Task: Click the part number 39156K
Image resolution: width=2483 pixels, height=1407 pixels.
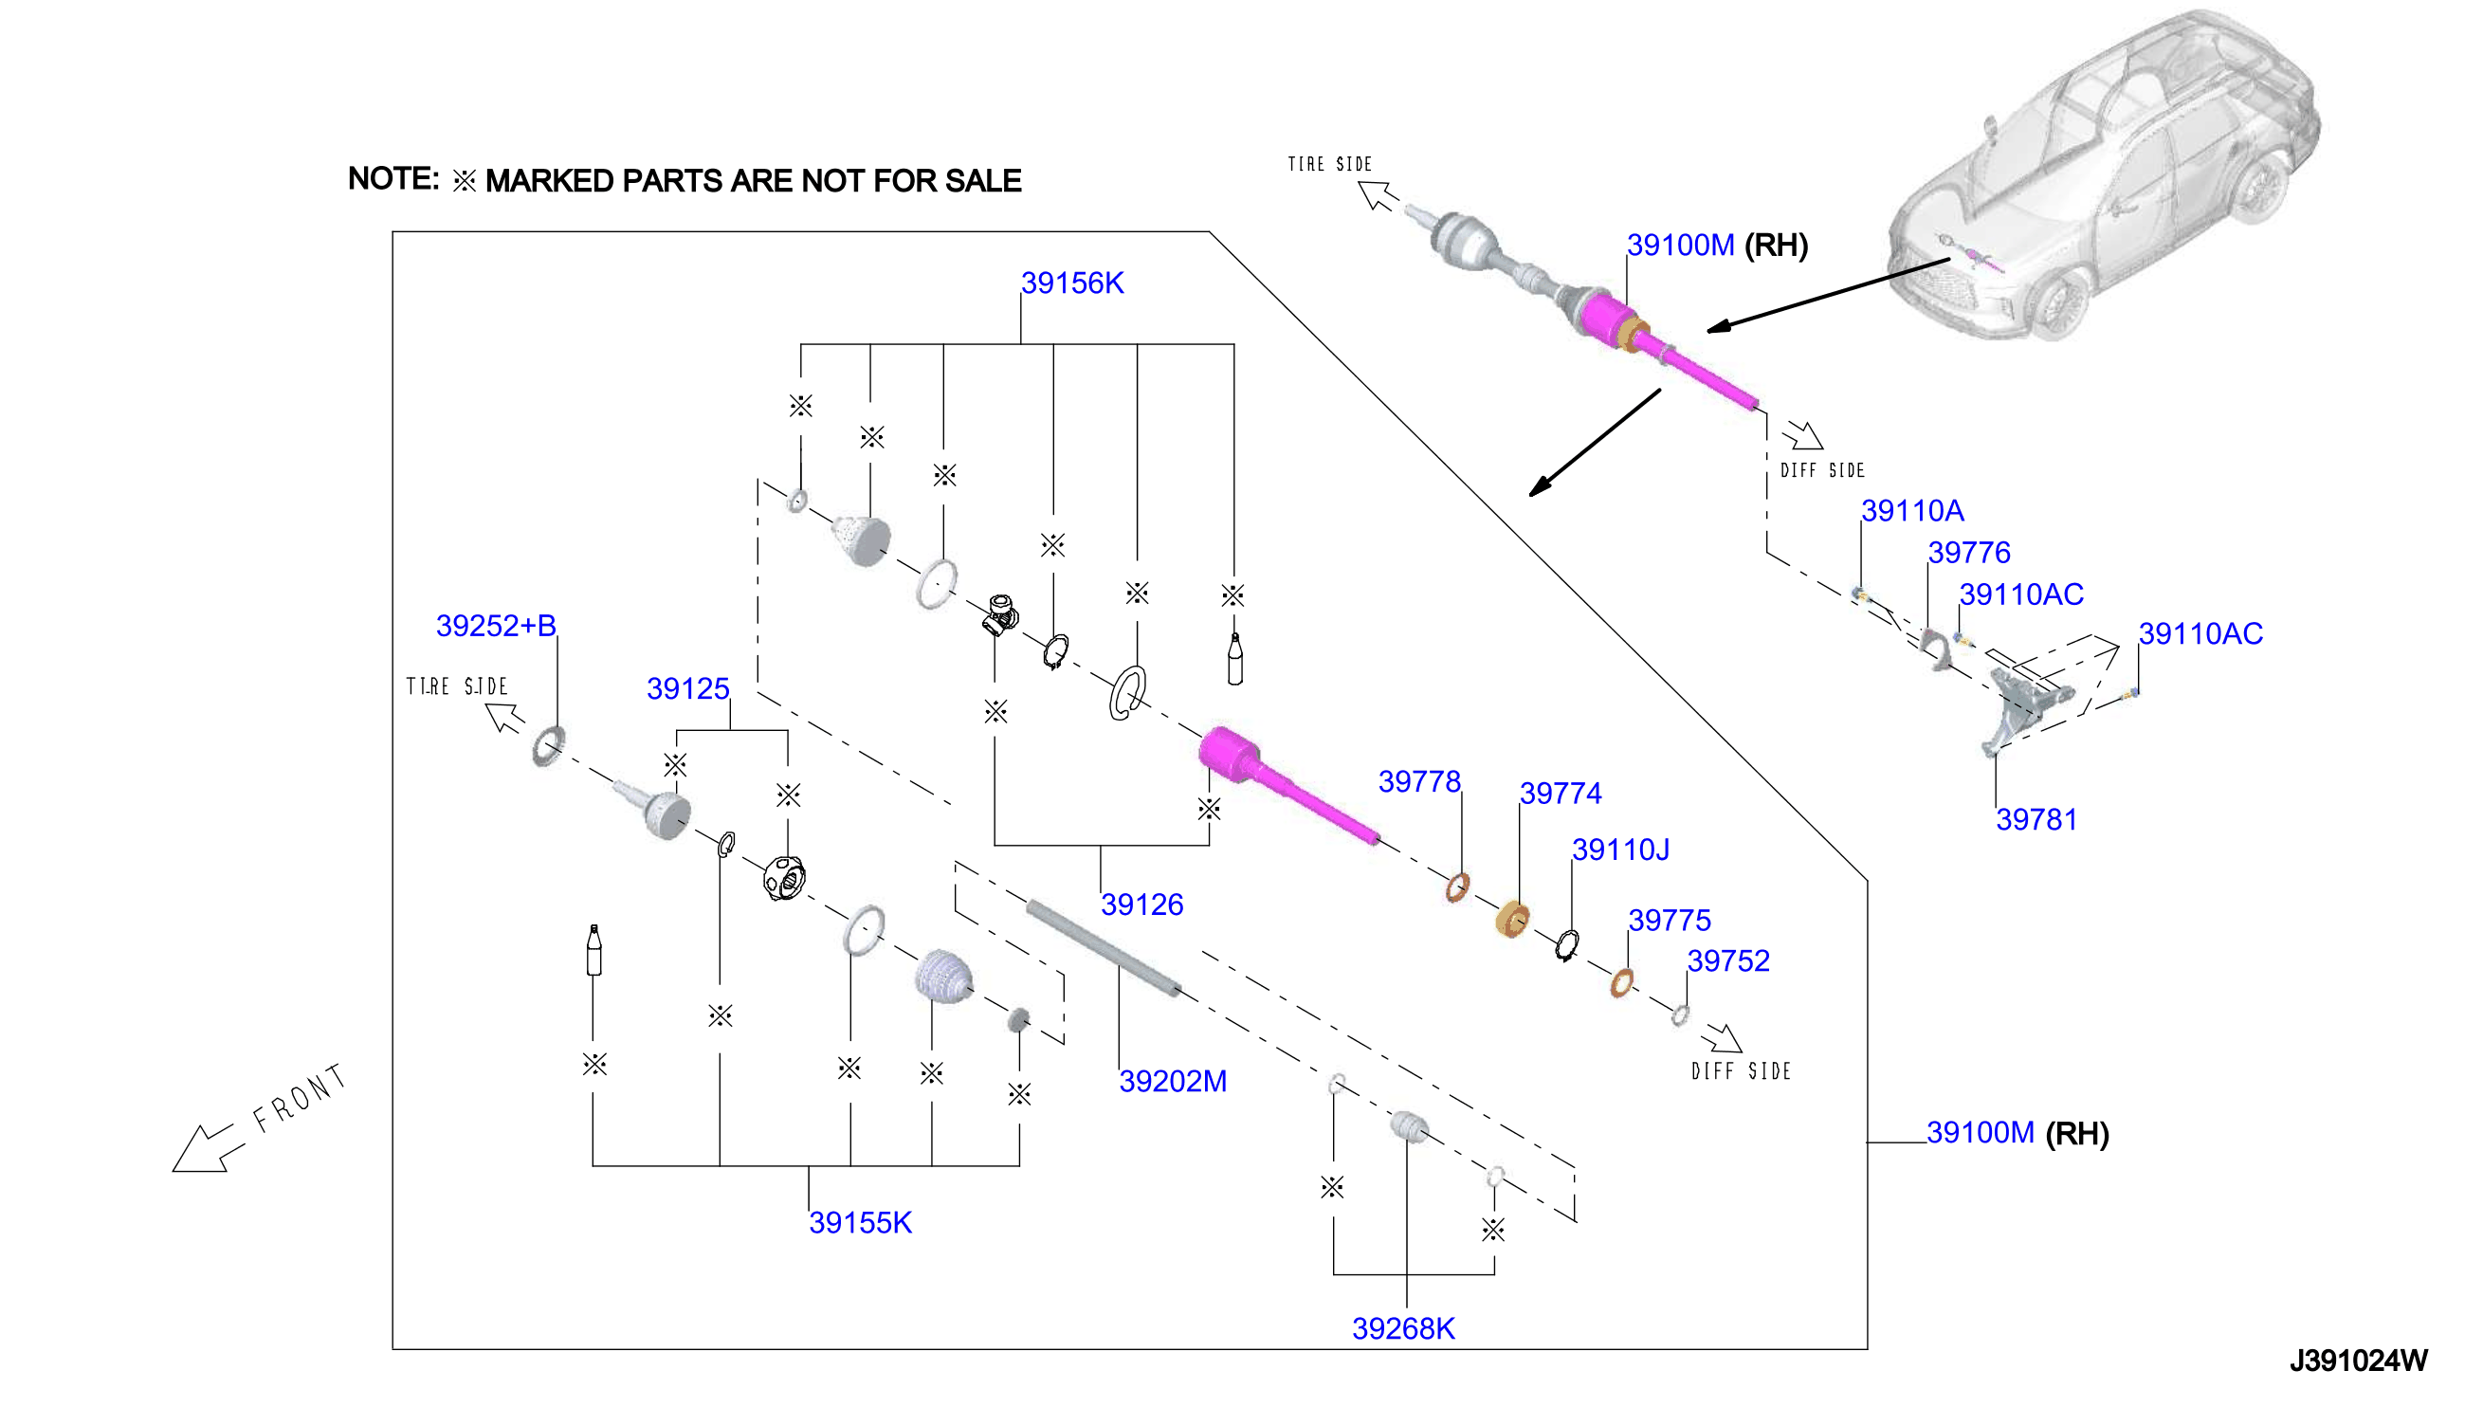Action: tap(1071, 283)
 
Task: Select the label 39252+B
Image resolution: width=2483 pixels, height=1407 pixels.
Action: tap(496, 625)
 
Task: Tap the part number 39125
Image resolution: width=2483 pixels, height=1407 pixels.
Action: tap(687, 688)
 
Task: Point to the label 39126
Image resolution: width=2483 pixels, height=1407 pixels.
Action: tap(1141, 904)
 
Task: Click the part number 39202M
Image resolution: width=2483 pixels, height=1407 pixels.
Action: tap(1172, 1082)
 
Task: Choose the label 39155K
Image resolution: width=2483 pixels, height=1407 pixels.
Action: tap(860, 1222)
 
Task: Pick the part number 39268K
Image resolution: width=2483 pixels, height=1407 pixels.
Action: tap(1403, 1328)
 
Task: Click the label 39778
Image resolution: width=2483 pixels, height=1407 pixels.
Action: tap(1418, 781)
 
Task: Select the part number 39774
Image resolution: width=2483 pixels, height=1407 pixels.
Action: tap(1561, 794)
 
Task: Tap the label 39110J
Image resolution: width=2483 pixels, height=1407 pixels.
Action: tap(1619, 850)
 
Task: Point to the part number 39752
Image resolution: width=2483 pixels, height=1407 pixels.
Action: tap(1727, 960)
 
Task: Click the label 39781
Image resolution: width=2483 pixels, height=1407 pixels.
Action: tap(2036, 819)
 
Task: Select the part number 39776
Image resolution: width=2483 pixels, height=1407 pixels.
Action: tap(1968, 553)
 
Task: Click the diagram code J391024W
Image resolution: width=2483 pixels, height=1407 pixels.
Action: tap(2358, 1361)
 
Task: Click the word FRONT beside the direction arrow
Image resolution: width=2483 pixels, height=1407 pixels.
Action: tap(299, 1098)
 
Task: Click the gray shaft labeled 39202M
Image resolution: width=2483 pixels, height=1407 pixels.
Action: tap(1103, 947)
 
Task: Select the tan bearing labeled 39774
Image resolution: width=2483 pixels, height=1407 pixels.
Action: tap(1512, 919)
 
